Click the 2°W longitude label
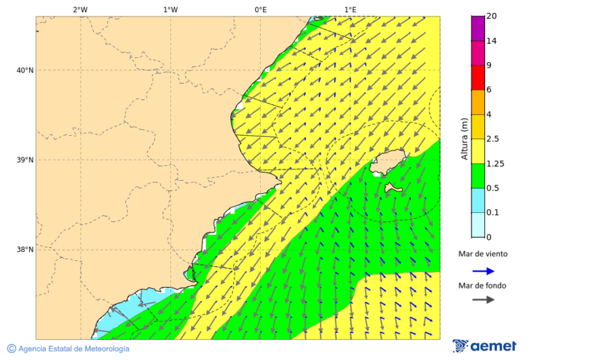[80, 9]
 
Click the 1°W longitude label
[170, 9]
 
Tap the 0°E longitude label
[260, 9]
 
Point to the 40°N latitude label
[24, 70]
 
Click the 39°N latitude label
[24, 160]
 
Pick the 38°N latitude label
[24, 250]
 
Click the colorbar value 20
[492, 16]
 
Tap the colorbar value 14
[492, 41]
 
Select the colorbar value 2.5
[494, 139]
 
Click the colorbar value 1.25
[496, 163]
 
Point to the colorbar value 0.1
[494, 213]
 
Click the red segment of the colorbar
[478, 78]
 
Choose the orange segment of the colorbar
[478, 102]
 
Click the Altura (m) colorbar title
[464, 138]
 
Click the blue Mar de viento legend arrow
[483, 271]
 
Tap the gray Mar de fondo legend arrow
[483, 300]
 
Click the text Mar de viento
[482, 255]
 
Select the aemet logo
[484, 346]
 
